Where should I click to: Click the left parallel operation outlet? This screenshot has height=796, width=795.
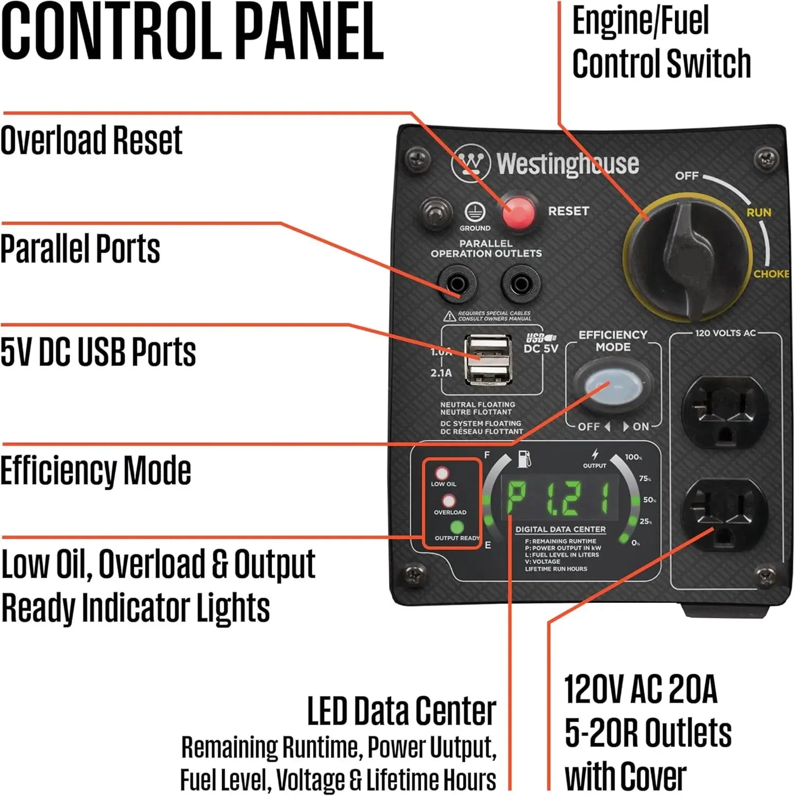coord(457,284)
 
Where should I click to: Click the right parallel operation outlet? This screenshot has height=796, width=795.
coord(520,284)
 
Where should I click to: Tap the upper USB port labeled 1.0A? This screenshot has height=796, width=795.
coord(486,347)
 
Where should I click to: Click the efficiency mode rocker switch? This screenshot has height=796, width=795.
coord(612,385)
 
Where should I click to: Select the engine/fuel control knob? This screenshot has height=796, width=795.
coord(688,256)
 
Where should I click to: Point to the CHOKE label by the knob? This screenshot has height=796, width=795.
coord(771,273)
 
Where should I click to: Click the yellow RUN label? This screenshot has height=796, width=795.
coord(759,212)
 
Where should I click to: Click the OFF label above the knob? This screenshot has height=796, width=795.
coord(687,176)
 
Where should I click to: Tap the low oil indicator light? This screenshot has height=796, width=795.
coord(442,473)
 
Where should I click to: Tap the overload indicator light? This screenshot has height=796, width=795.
coord(449,501)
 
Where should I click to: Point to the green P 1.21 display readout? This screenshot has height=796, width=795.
coord(558,497)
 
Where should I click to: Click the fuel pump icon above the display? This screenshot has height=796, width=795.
coord(524,458)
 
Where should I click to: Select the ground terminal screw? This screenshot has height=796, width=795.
coord(436,213)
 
